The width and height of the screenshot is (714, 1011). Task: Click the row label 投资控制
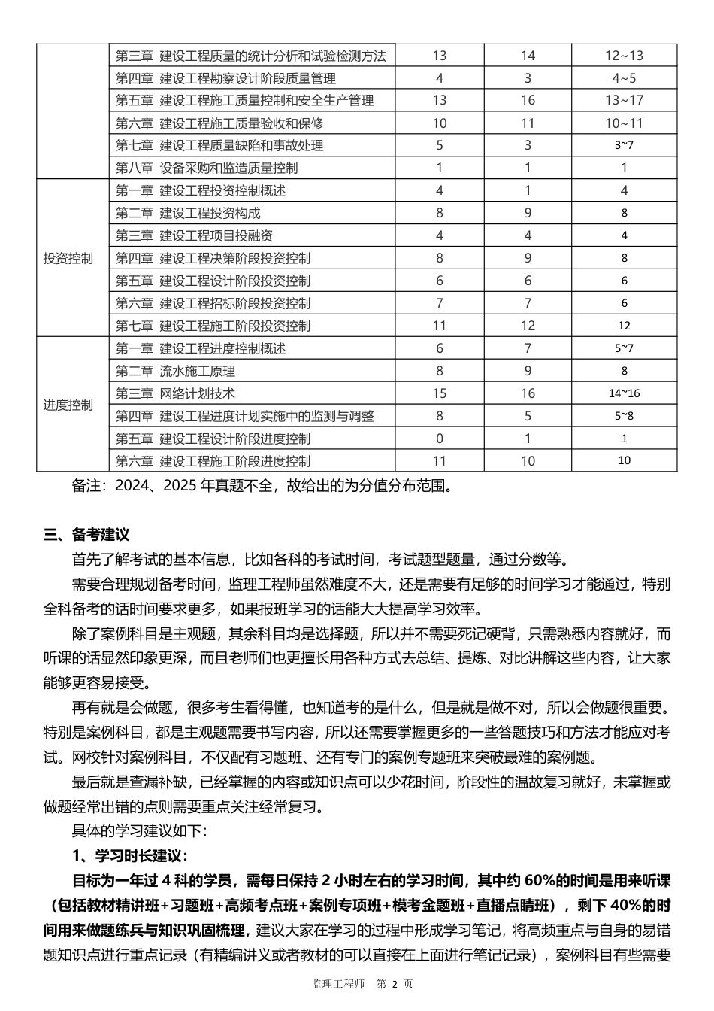(x=68, y=258)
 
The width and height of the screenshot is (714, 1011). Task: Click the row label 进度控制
(x=68, y=405)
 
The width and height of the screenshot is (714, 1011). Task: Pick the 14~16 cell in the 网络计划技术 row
(x=624, y=393)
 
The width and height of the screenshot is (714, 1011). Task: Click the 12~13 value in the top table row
(x=624, y=56)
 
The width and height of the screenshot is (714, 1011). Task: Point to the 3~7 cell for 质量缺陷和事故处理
(x=624, y=145)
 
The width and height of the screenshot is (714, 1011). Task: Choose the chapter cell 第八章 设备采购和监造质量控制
(x=207, y=168)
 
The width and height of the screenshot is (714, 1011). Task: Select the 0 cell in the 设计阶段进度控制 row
(x=440, y=439)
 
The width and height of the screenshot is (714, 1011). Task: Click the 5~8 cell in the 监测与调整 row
(x=624, y=416)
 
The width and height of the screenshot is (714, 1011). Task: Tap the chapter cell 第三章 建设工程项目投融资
(x=194, y=235)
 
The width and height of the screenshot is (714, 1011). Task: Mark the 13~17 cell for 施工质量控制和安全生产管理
(x=624, y=100)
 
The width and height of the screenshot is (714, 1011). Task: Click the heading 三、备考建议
(x=86, y=535)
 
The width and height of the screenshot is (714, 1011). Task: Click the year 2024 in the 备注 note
(x=130, y=486)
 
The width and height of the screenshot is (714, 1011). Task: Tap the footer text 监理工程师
(x=337, y=984)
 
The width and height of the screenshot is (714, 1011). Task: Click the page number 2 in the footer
(x=393, y=984)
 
